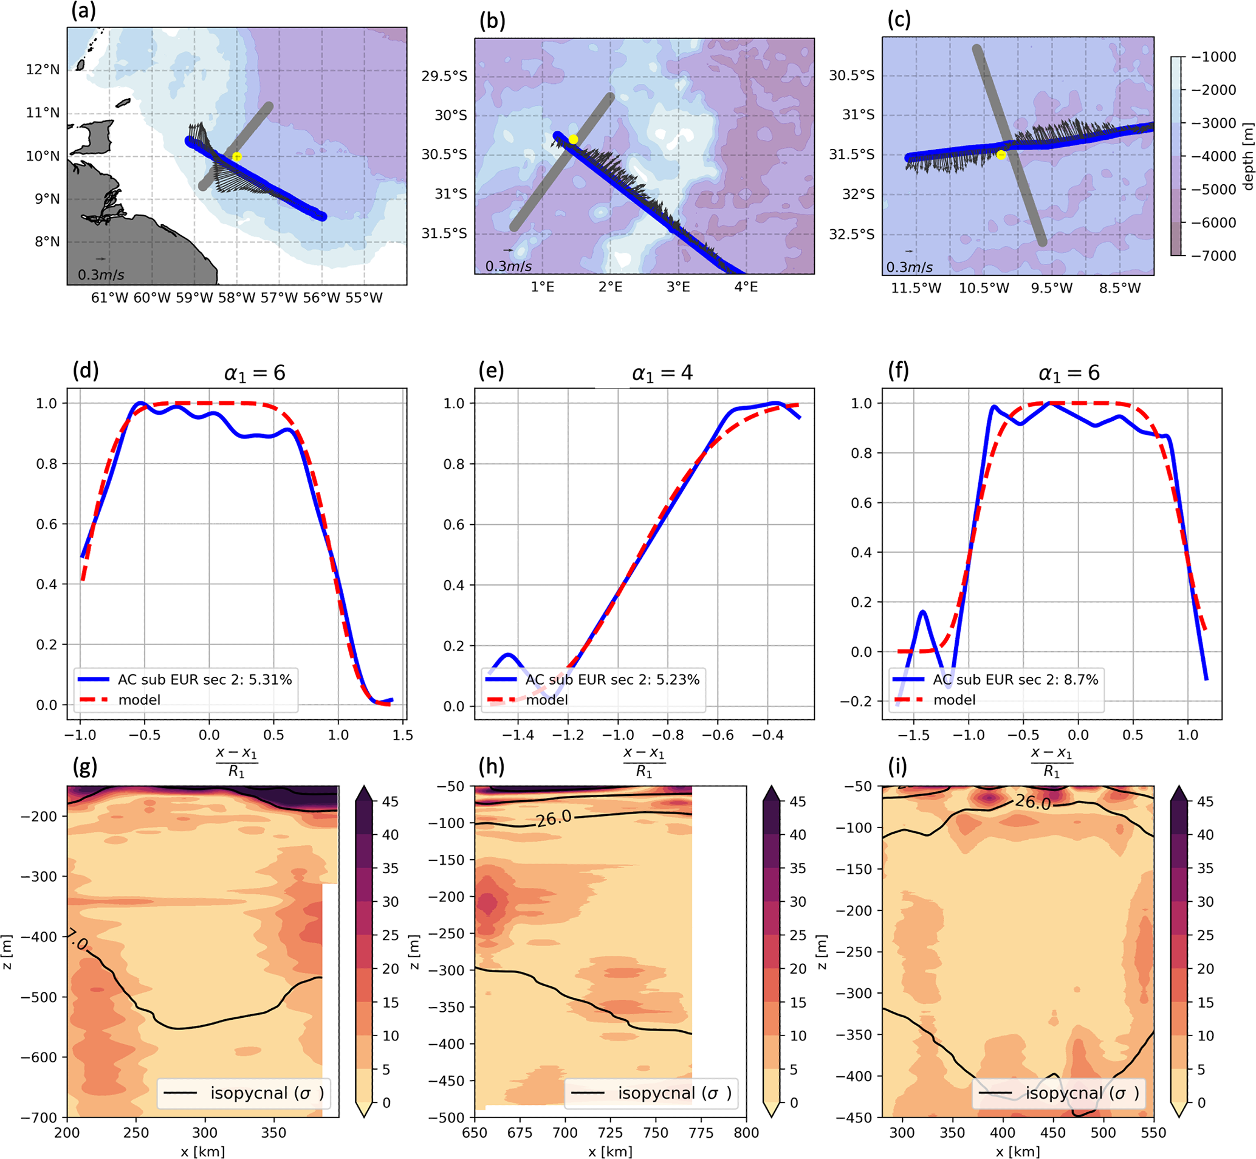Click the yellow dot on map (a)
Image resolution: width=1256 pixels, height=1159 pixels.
(x=236, y=157)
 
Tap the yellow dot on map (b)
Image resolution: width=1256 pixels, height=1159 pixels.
(x=573, y=139)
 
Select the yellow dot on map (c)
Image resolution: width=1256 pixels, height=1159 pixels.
(x=1001, y=155)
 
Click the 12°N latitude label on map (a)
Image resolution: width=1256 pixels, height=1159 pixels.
(x=43, y=69)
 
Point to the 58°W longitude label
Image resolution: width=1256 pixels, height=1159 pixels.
(x=236, y=298)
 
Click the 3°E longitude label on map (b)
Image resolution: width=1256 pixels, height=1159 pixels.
(x=678, y=287)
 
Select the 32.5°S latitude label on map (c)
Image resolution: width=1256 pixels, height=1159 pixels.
(x=852, y=235)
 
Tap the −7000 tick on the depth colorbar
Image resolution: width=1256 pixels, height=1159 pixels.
(x=1213, y=256)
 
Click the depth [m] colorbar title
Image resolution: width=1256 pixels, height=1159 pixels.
(x=1247, y=156)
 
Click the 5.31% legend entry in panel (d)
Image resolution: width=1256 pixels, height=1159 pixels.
(x=204, y=680)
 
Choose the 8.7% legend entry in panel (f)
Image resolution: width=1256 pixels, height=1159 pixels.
(x=1015, y=680)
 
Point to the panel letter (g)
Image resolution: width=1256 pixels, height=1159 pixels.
(x=85, y=766)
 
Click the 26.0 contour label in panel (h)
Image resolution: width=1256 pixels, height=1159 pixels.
(x=554, y=818)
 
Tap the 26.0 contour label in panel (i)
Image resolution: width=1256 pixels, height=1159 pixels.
(x=1033, y=802)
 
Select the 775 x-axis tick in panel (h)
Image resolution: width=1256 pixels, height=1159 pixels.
(x=701, y=1133)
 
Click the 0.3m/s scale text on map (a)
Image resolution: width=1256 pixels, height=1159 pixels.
(x=101, y=275)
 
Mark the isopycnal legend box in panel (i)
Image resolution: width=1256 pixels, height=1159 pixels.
(x=1059, y=1094)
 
